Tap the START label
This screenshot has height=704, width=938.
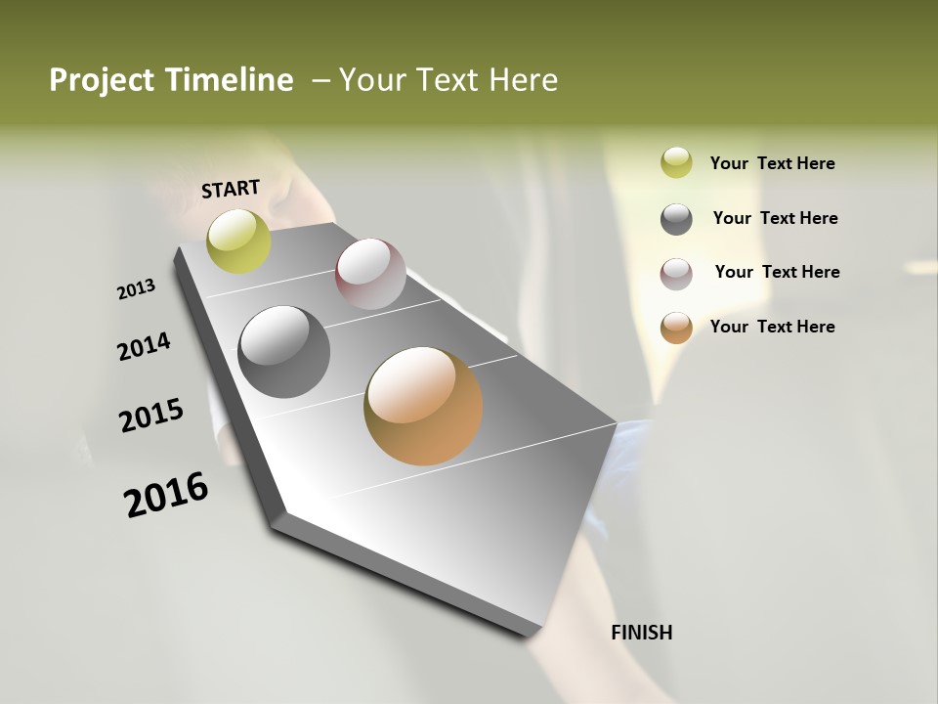click(231, 189)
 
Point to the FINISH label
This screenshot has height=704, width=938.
click(641, 633)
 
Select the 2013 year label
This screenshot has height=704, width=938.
click(136, 289)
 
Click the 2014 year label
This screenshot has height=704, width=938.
click(144, 347)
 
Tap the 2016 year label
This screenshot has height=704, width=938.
click(166, 495)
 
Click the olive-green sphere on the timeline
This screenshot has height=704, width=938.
click(238, 241)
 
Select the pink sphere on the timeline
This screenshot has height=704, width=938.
click(370, 274)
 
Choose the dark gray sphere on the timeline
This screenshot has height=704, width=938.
click(283, 352)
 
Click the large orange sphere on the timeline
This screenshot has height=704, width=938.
click(423, 406)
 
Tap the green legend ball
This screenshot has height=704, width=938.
click(676, 162)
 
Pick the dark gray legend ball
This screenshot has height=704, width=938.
click(676, 218)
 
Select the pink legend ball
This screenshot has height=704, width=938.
click(676, 273)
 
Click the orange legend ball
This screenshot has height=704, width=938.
click(676, 328)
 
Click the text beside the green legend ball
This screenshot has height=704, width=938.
click(772, 163)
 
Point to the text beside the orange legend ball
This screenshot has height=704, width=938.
click(772, 327)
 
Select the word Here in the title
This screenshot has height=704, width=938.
click(523, 80)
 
